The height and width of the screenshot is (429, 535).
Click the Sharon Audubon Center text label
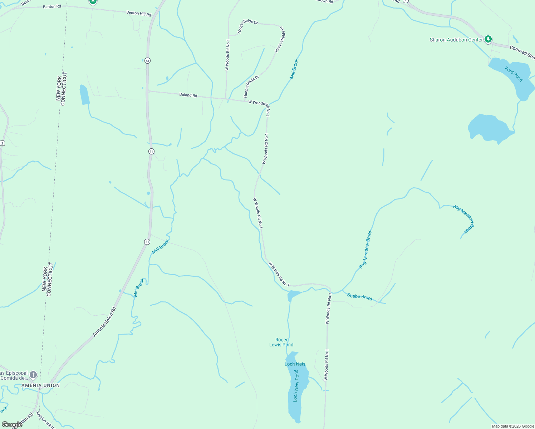click(x=456, y=40)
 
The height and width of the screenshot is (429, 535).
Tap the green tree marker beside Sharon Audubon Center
click(x=488, y=39)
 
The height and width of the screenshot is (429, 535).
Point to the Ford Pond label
click(x=514, y=74)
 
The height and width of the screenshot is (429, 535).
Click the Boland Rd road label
click(x=188, y=95)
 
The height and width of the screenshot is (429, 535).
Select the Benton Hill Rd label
click(x=139, y=13)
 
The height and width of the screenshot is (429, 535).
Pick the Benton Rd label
click(x=52, y=6)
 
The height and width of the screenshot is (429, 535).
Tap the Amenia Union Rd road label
click(x=104, y=322)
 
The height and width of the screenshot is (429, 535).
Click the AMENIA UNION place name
click(x=41, y=385)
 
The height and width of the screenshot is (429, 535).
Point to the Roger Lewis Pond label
click(x=281, y=342)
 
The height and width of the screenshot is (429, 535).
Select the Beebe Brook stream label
click(x=360, y=297)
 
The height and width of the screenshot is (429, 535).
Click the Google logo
click(x=12, y=425)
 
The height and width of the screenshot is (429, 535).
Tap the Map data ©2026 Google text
click(x=513, y=426)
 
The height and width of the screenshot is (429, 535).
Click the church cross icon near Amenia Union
click(x=33, y=375)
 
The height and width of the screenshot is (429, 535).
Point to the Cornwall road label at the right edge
click(x=522, y=52)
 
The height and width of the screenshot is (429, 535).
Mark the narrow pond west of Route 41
click(x=84, y=95)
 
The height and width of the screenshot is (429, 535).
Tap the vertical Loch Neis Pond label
click(x=296, y=386)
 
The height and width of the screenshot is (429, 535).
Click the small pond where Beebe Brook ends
click(x=293, y=295)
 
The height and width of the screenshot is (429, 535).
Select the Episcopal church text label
click(x=14, y=375)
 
